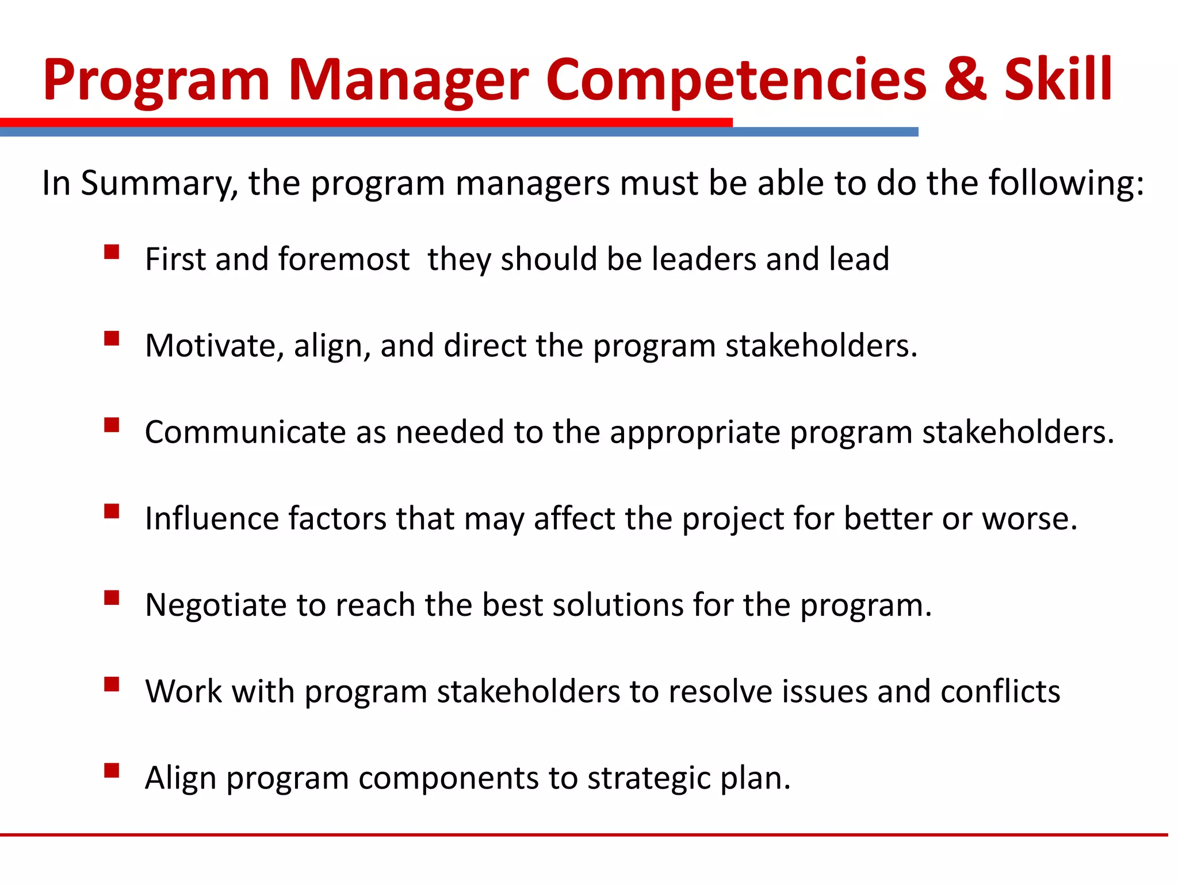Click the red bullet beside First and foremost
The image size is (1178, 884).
(112, 252)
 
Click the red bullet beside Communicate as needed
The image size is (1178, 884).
(112, 425)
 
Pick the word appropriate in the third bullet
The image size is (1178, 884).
(694, 433)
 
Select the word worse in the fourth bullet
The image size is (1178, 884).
(1028, 519)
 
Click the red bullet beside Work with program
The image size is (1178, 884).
(112, 684)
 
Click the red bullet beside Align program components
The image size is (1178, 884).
(112, 770)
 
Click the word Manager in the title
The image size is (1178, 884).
(408, 81)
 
